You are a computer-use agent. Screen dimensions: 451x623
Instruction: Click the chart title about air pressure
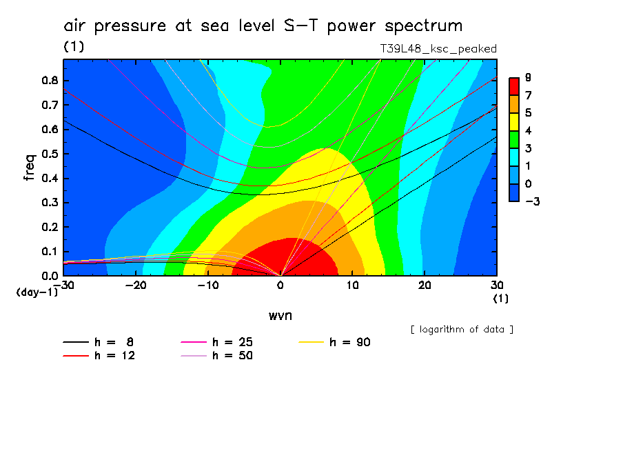[263, 26]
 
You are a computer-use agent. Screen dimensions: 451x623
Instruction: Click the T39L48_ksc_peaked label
[438, 49]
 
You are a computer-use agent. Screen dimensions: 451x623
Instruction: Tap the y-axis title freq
[29, 168]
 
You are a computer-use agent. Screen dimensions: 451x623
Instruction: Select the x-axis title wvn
[280, 315]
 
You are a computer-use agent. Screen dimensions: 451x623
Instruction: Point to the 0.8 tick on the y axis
[50, 80]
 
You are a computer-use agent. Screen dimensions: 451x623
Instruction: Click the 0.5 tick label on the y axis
[50, 154]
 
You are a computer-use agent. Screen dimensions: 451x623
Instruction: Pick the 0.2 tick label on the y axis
[50, 227]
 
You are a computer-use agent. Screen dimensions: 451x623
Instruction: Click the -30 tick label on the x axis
[63, 285]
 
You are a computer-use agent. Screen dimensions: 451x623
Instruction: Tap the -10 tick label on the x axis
[207, 285]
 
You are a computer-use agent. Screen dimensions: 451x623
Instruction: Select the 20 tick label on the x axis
[425, 285]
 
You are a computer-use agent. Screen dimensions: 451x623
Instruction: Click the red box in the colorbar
[513, 86]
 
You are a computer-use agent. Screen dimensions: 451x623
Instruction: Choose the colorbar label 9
[527, 77]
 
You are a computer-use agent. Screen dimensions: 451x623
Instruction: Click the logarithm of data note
[462, 329]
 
